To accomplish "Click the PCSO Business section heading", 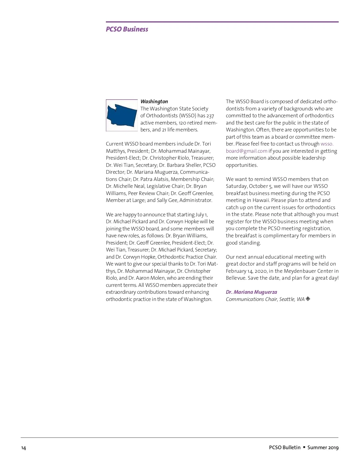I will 127,29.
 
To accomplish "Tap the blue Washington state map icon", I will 121,115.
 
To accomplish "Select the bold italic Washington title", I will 154,101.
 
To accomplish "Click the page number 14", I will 23,448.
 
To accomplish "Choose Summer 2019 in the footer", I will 323,447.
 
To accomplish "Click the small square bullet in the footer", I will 304,447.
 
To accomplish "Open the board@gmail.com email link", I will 246,151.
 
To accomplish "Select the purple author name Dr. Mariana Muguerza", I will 251,292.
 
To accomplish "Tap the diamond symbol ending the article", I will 308,299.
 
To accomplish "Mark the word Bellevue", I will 236,278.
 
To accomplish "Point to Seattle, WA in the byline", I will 292,299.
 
